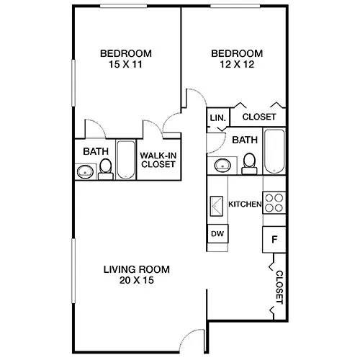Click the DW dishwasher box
tap(217, 233)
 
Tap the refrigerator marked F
tap(274, 239)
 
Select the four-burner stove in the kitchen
tap(274, 203)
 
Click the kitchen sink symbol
tap(217, 206)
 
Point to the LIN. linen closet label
tap(218, 118)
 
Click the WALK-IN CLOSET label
tap(158, 160)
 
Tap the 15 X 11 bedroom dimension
tap(125, 64)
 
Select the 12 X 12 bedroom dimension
tap(237, 64)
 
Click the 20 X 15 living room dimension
tap(137, 280)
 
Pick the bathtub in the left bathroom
tap(126, 159)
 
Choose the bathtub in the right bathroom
tap(274, 151)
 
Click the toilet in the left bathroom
tap(106, 169)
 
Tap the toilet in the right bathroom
tap(249, 164)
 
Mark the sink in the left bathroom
tap(85, 171)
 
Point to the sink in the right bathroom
tap(222, 166)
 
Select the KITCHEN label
tap(245, 204)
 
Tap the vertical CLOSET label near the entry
tap(279, 287)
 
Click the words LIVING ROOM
tap(137, 269)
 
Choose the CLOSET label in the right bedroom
tap(259, 117)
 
